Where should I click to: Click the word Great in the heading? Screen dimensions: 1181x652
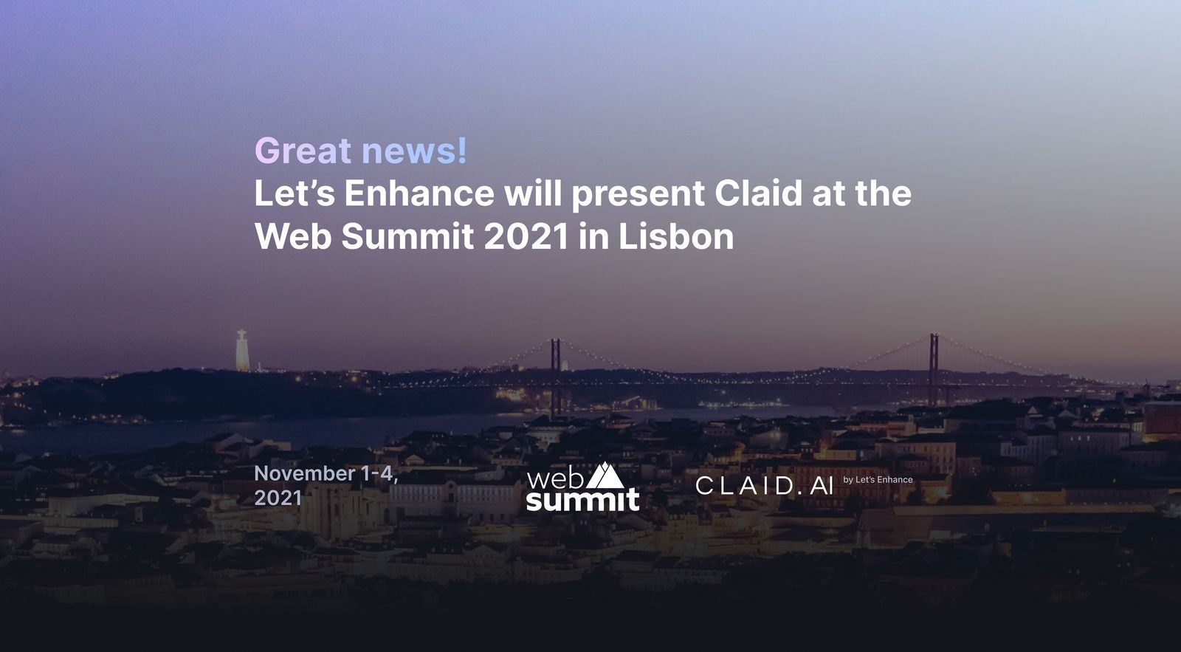point(303,151)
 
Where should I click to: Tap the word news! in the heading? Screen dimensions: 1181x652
point(414,151)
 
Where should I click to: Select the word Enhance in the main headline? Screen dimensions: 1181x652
point(419,193)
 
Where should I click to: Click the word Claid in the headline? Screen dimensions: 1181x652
point(759,193)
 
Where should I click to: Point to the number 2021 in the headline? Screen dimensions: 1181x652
point(526,237)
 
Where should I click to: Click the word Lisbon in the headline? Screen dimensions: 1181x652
point(676,237)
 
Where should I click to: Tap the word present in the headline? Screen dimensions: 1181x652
point(638,196)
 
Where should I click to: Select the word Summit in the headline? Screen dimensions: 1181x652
point(407,237)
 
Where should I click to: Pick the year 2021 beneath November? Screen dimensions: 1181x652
point(278,498)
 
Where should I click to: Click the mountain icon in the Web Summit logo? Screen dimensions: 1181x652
point(605,476)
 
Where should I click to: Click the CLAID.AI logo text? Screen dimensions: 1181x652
point(765,485)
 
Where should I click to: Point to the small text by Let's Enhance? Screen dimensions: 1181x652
point(878,479)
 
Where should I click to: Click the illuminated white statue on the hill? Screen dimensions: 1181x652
point(242,350)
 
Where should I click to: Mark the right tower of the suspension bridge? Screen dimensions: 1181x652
point(934,369)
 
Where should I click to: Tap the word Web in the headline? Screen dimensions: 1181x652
point(293,237)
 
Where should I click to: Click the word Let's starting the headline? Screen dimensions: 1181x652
point(295,193)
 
